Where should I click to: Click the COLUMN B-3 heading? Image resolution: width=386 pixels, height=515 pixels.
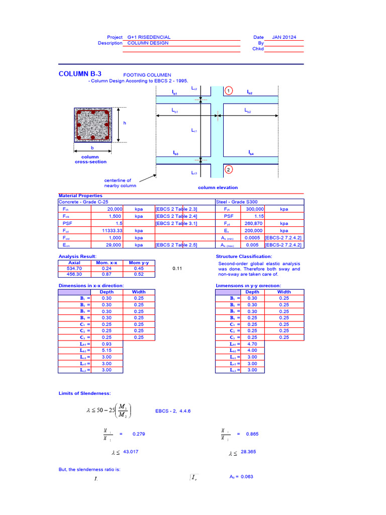[80, 74]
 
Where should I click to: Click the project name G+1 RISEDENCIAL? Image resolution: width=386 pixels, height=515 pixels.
[149, 37]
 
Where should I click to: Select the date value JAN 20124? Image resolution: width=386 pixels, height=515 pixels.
[284, 37]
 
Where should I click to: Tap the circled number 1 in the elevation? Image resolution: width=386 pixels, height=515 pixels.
[229, 91]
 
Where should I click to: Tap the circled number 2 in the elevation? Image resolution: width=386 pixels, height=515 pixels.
[229, 169]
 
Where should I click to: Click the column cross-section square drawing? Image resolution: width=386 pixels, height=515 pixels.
[92, 125]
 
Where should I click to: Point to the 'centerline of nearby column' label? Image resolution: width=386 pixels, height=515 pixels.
[118, 183]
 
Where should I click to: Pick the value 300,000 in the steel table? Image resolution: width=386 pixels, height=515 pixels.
[254, 209]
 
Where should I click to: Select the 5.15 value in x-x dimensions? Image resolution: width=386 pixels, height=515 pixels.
[107, 351]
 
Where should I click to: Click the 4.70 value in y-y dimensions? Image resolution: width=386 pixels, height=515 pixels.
[252, 344]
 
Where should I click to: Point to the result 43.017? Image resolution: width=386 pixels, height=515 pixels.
[131, 452]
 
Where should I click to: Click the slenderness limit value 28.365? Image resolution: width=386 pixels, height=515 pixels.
[248, 452]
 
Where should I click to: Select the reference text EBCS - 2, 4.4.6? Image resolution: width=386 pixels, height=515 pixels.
[173, 411]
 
